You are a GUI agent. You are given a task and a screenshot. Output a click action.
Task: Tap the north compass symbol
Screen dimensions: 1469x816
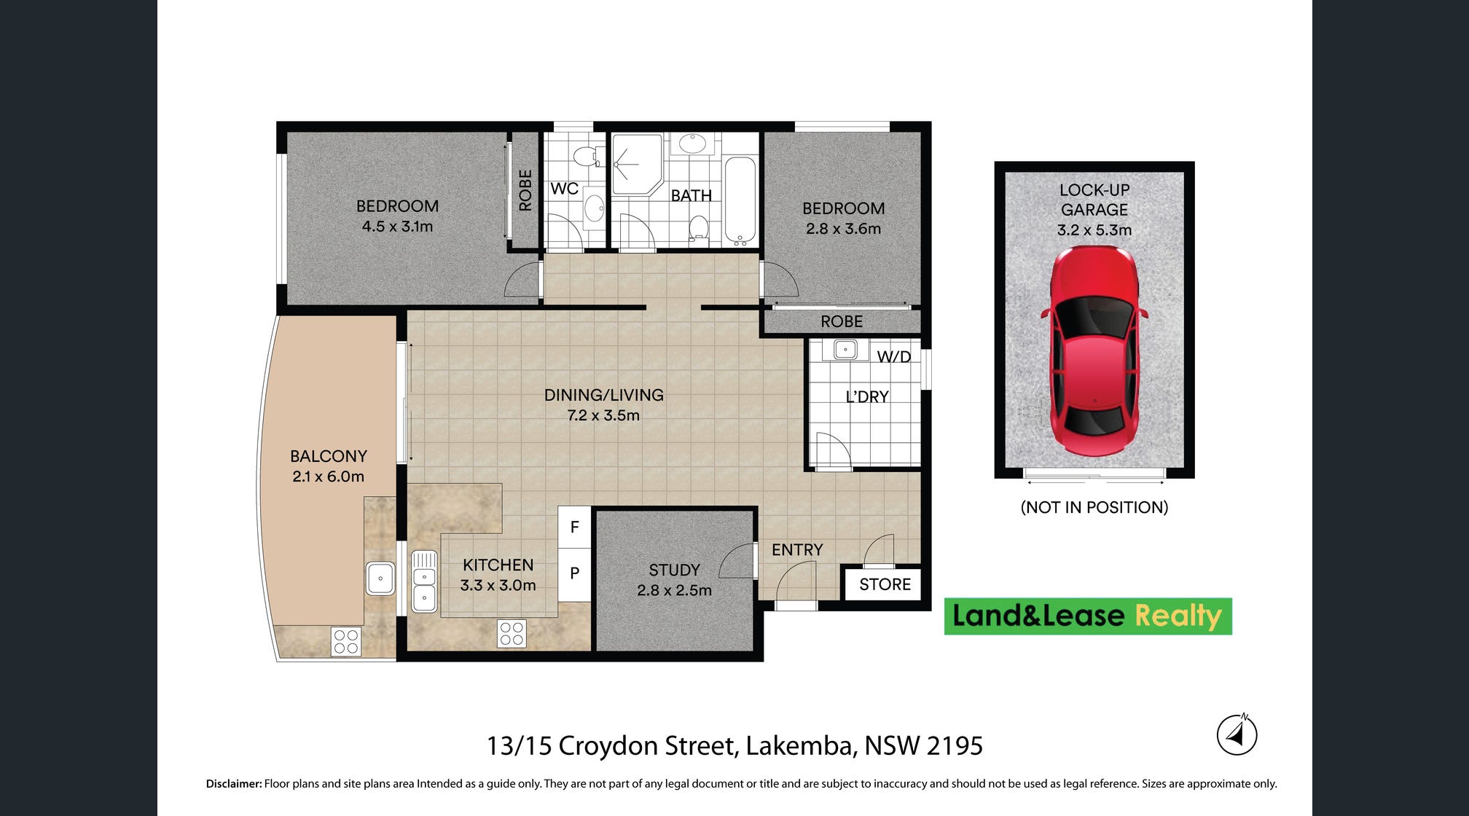tap(1237, 734)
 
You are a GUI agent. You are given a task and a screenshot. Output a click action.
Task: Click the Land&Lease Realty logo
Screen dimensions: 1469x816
tap(1088, 616)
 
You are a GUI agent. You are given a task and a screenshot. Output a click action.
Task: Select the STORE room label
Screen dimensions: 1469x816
tap(885, 584)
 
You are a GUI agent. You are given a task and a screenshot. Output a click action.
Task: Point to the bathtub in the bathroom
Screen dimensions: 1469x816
tap(740, 200)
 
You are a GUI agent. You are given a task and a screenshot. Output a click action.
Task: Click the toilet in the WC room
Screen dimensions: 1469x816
tap(585, 157)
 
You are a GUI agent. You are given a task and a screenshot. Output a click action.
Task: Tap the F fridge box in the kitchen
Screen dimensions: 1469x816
tap(574, 526)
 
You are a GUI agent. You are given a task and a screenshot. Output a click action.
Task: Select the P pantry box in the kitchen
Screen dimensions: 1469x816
tap(574, 573)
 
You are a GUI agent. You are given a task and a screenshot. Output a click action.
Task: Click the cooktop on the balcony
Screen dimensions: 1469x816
tap(346, 642)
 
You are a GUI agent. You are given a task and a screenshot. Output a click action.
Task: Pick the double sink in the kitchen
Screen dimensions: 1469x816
tap(424, 581)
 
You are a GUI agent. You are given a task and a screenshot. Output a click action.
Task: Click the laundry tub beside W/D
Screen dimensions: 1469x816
tap(845, 350)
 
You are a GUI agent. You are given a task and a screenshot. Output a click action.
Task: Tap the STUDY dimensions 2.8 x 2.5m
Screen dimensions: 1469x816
tap(674, 590)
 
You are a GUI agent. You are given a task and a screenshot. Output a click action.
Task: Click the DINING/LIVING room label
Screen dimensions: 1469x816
tap(604, 395)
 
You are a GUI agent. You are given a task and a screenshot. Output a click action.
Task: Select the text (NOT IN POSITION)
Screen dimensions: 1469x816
tap(1094, 507)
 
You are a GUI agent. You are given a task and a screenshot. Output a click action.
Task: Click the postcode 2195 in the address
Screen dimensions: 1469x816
tap(955, 745)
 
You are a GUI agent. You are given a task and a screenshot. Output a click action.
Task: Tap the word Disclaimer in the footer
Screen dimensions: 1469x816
tap(234, 784)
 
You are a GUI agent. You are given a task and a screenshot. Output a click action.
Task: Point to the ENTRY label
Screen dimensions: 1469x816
tap(797, 550)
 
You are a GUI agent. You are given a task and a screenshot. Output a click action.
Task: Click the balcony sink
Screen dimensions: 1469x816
tap(380, 578)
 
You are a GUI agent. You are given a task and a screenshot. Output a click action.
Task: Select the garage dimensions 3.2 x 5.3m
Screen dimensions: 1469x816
tap(1094, 230)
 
